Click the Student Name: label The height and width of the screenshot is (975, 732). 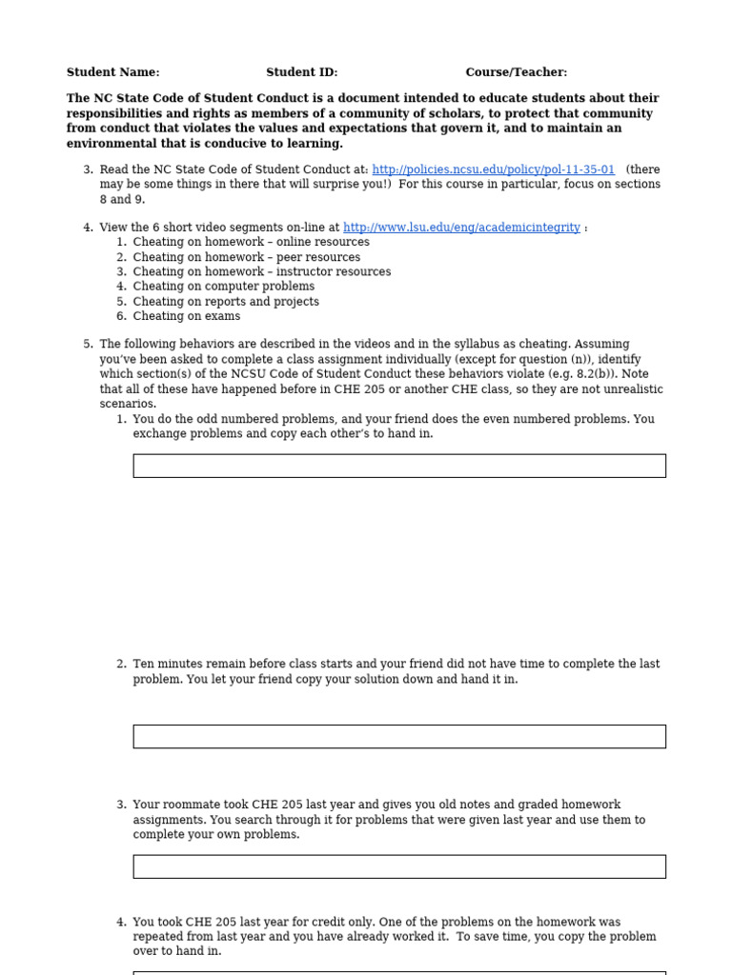click(112, 72)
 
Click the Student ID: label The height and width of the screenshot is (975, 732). click(301, 72)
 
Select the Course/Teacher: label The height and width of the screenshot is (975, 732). click(516, 72)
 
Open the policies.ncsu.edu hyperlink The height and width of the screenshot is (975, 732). click(493, 169)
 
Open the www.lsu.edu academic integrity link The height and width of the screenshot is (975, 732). click(461, 228)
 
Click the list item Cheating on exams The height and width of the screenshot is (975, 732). click(186, 316)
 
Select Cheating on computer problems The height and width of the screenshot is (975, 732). click(223, 287)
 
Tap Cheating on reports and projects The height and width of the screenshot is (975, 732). click(226, 302)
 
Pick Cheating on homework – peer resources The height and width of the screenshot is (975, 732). click(246, 257)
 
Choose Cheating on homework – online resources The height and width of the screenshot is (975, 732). click(251, 242)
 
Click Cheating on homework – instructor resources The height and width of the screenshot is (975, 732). click(261, 271)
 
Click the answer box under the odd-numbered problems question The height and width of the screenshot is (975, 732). click(398, 466)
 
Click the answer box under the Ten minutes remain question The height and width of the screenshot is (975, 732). click(398, 736)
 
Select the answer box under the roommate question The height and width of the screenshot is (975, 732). click(398, 866)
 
